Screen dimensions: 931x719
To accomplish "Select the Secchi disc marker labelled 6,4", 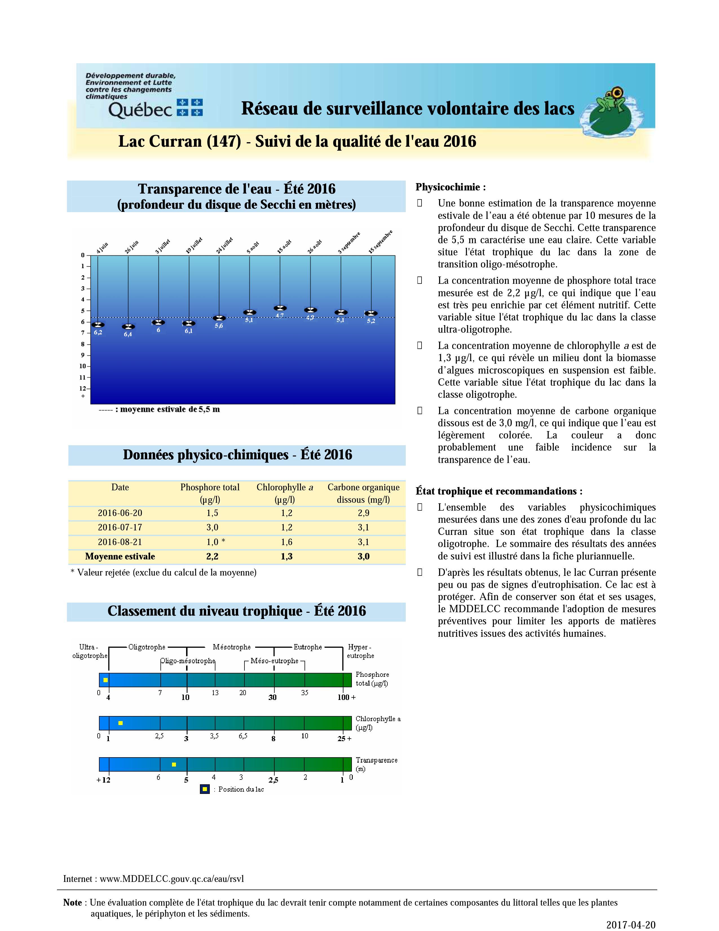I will [x=128, y=326].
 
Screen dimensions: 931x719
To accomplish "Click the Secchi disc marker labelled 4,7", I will [x=280, y=308].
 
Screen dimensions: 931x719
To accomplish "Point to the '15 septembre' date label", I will [x=380, y=242].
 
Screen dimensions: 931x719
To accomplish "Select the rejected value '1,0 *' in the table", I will [x=215, y=542].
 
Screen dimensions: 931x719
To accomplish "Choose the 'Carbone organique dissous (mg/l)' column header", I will [x=363, y=493].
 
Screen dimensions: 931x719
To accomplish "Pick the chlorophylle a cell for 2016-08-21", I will [x=287, y=542].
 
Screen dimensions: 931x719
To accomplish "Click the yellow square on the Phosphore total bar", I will [x=106, y=680].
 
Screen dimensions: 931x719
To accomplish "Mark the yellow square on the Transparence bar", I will [x=174, y=764].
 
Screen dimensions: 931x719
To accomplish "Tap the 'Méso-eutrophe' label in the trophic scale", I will [x=274, y=661].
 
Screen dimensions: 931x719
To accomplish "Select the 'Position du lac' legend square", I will [x=205, y=789].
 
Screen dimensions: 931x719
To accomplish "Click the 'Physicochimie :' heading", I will [x=451, y=187].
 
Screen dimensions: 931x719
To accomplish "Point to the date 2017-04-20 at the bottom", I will [x=631, y=925].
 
